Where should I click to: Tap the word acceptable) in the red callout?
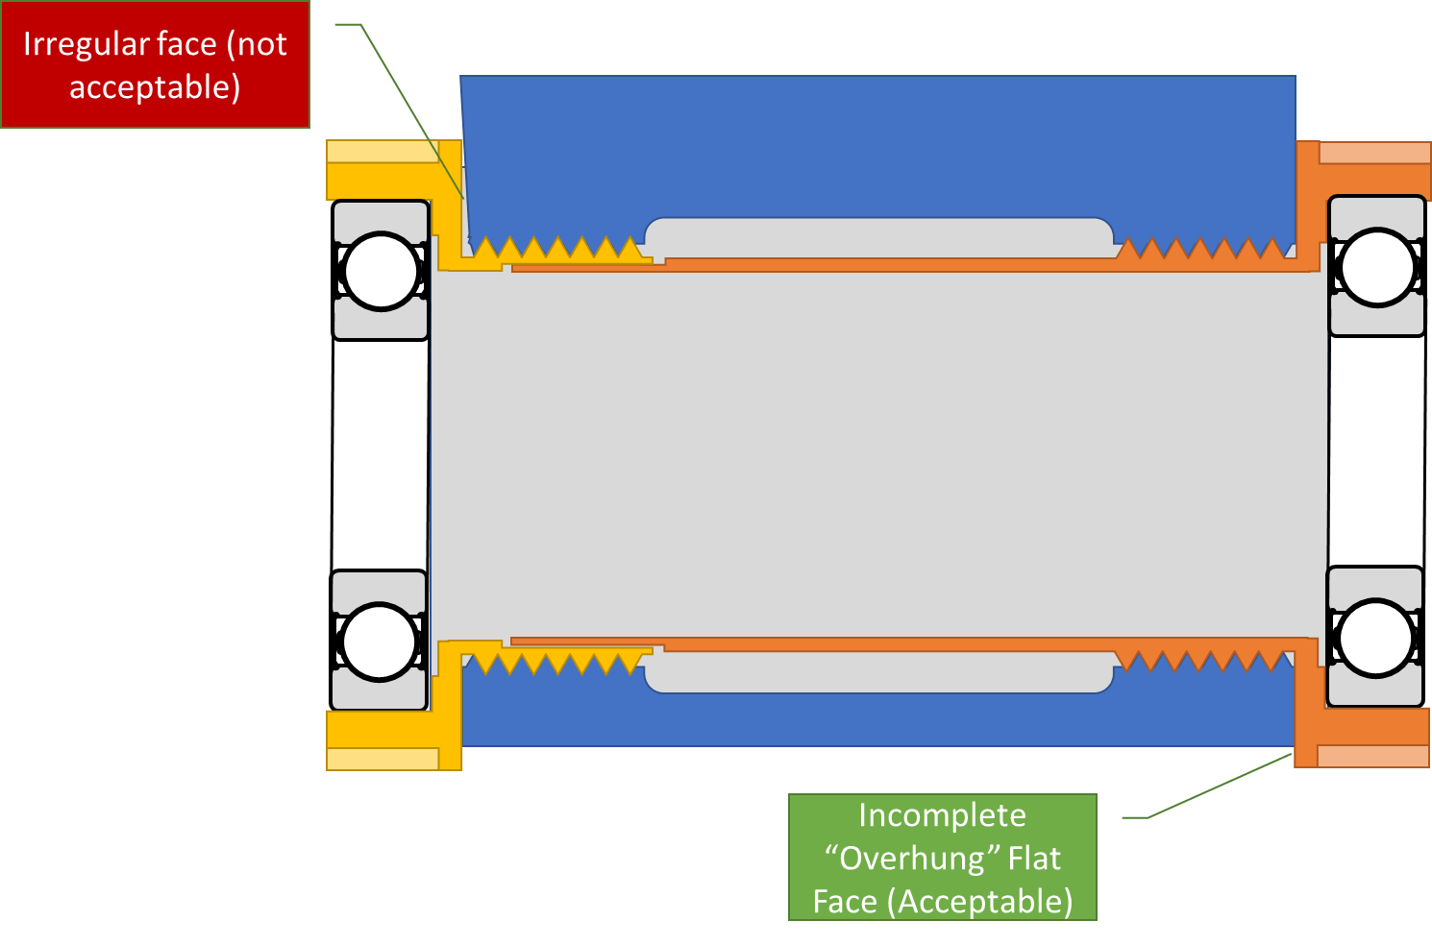[155, 87]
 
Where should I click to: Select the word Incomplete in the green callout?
[942, 815]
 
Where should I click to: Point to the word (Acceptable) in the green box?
[979, 902]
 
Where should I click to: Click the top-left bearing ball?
[381, 271]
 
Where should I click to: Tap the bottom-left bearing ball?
[379, 642]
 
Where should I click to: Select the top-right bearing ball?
[1377, 267]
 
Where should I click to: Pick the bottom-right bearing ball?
[1375, 638]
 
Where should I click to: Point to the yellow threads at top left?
[557, 252]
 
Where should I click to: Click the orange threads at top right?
[1201, 252]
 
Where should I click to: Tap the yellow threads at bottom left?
[557, 661]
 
